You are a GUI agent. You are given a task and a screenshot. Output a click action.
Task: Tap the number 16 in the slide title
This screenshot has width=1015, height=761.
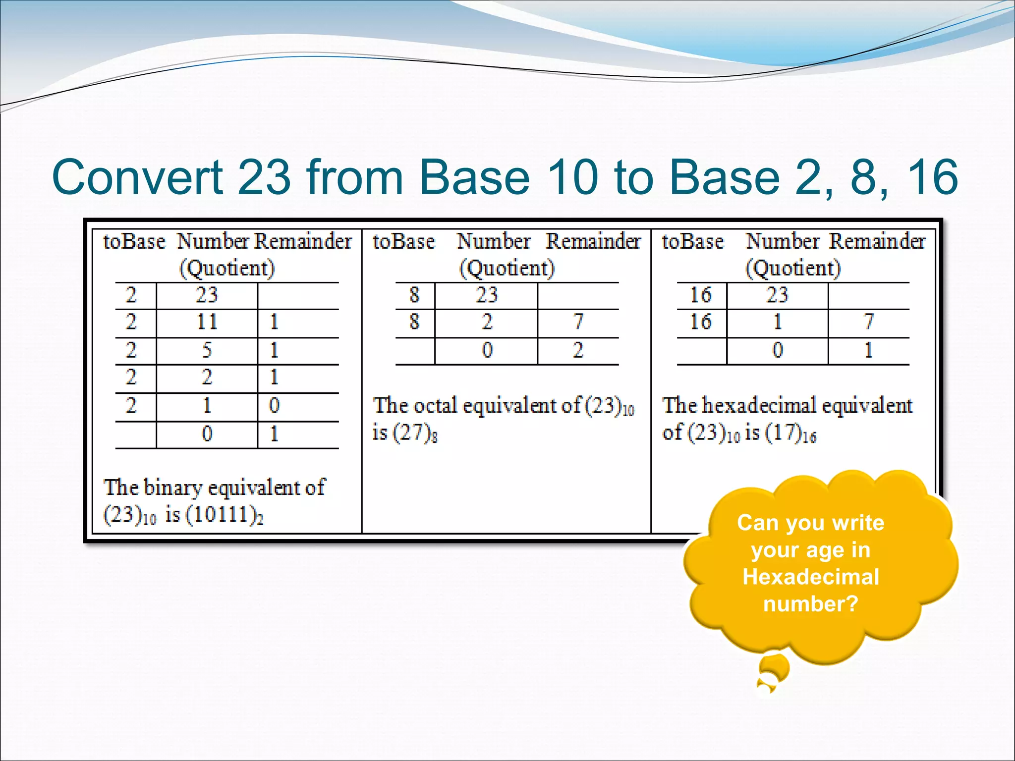(931, 177)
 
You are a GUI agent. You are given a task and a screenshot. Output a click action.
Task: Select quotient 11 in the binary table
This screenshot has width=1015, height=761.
(207, 323)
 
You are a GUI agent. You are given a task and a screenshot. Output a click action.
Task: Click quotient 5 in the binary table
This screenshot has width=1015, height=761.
(207, 351)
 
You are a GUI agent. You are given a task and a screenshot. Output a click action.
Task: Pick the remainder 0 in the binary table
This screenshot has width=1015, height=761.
(274, 406)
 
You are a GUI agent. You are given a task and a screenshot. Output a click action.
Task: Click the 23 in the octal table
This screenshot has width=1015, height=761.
(486, 296)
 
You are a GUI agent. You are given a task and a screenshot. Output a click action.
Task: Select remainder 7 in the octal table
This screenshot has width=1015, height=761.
(578, 323)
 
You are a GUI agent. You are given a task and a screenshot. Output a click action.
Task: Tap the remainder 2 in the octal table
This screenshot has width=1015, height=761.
(578, 351)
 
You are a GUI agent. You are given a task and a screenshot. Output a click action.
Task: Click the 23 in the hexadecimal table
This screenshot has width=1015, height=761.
(777, 296)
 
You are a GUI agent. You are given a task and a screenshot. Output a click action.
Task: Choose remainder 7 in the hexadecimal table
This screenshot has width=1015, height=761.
(868, 323)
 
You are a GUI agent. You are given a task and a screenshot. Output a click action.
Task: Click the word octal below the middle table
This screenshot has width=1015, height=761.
(435, 406)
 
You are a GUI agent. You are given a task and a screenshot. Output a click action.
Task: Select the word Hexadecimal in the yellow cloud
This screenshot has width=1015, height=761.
(811, 577)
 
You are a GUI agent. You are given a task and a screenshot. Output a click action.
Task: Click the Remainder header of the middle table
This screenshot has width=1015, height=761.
(593, 242)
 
